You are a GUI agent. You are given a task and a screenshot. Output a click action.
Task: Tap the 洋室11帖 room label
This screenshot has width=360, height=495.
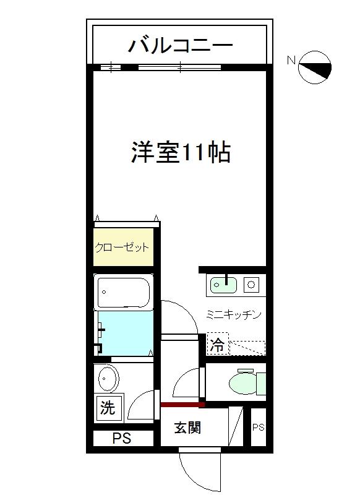(x=181, y=152)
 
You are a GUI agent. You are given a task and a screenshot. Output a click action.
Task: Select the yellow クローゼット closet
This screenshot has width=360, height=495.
(x=122, y=247)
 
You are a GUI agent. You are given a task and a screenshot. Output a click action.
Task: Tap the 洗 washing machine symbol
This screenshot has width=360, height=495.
(x=108, y=408)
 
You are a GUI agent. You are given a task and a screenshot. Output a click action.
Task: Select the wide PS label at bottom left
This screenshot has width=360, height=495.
(x=122, y=439)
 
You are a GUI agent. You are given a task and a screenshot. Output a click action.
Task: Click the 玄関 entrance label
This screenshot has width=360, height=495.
(x=187, y=428)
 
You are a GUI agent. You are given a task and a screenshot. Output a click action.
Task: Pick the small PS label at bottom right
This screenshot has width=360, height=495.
(x=258, y=427)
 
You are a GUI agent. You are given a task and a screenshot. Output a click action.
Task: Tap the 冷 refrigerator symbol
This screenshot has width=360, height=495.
(x=216, y=346)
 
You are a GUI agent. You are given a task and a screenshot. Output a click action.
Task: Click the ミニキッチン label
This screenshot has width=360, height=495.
(x=234, y=315)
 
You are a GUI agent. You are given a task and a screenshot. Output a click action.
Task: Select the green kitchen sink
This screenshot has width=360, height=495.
(x=225, y=285)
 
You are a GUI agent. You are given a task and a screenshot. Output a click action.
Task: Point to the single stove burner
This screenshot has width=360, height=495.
(x=252, y=285)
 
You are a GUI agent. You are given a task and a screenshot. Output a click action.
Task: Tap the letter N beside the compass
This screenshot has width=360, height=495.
(x=290, y=61)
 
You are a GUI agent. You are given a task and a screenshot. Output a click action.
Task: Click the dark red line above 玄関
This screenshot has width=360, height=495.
(x=182, y=405)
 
